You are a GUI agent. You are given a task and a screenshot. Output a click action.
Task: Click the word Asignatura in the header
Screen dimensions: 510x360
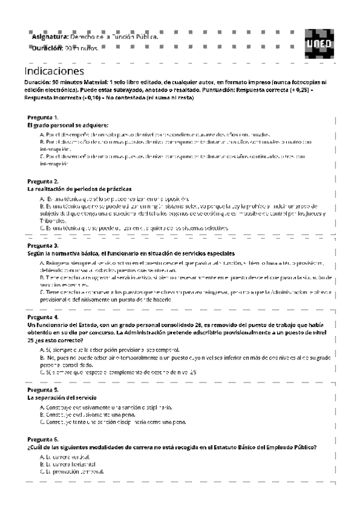pyautogui.click(x=49, y=37)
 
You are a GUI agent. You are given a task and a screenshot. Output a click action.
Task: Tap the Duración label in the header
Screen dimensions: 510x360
pyautogui.click(x=47, y=48)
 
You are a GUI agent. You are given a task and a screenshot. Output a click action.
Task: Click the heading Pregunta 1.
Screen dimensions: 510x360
pyautogui.click(x=43, y=117)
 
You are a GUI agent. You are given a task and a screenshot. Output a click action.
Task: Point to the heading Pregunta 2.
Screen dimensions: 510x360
pyautogui.click(x=43, y=181)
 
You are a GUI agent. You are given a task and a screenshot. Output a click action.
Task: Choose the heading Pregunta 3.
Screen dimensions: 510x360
pyautogui.click(x=43, y=245)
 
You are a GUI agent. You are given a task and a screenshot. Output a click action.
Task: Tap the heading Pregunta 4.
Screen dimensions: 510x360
pyautogui.click(x=43, y=317)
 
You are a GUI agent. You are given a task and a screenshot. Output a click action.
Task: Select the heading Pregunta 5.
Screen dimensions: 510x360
pyautogui.click(x=43, y=390)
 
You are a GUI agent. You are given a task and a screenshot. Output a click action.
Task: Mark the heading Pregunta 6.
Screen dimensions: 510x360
pyautogui.click(x=43, y=440)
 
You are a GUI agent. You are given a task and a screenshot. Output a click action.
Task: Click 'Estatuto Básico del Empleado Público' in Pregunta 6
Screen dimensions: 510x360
pyautogui.click(x=265, y=447)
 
